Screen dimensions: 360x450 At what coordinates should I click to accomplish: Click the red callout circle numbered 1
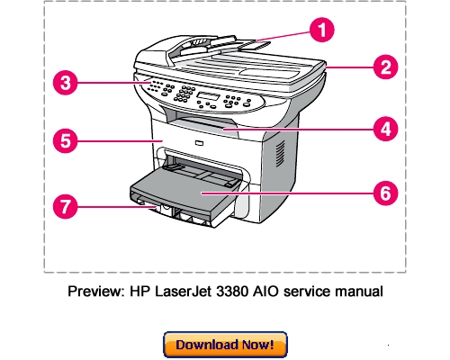318,30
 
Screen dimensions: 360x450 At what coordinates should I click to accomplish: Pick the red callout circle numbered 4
385,128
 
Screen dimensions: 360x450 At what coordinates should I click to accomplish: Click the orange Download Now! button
225,344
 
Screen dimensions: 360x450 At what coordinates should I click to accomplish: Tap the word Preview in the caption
93,292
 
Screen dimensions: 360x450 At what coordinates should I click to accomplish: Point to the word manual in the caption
358,292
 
